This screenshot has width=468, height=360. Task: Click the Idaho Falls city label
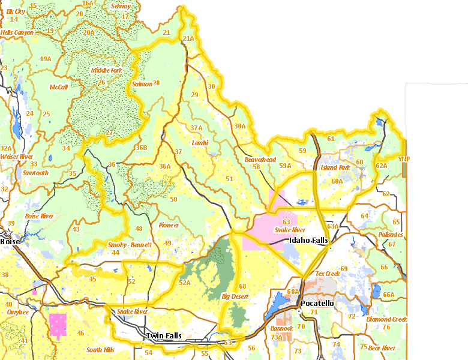pos(308,241)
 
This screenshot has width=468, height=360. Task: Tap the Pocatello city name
pos(317,304)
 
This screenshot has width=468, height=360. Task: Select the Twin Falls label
pos(165,337)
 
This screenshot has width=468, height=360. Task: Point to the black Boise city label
pos(10,241)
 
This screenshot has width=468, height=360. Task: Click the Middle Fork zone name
pos(106,70)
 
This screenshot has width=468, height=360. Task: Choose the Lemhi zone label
pos(199,143)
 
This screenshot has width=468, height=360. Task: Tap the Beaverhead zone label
pos(260,160)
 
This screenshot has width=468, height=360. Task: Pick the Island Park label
pos(335,168)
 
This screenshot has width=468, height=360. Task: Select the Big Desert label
pos(235,296)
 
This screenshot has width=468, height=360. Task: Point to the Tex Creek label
pos(328,274)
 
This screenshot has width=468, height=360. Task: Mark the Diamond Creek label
pos(386,319)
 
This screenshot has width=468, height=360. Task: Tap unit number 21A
pos(188,38)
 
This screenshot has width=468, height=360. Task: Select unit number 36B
pos(141,148)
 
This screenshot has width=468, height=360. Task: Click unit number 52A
pos(184,283)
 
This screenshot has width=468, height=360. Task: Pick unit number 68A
pos(293,292)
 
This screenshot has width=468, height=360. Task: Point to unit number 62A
pos(382,166)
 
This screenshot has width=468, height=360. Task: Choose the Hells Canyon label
pos(17,32)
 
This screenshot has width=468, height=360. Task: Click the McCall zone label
pos(58,87)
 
